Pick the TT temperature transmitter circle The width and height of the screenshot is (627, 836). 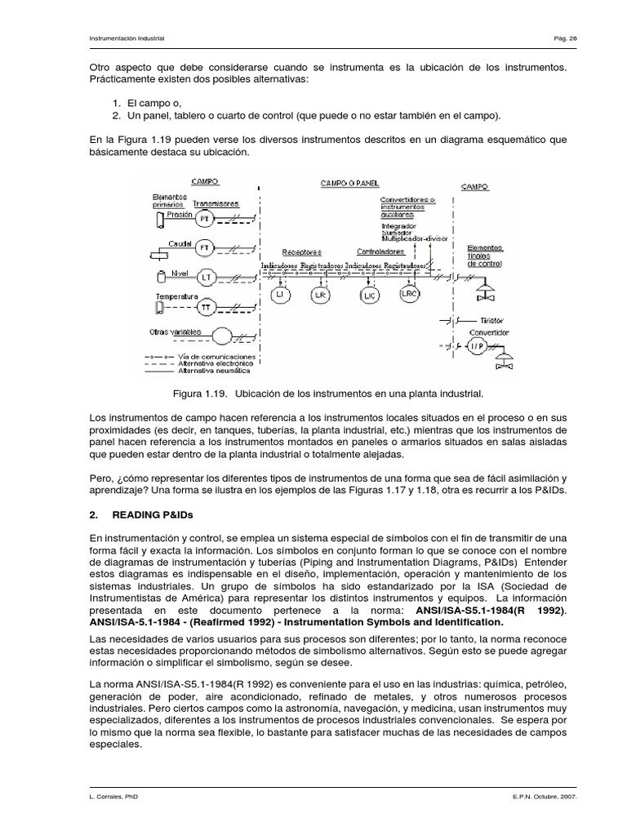click(x=207, y=308)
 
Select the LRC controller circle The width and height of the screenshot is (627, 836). click(x=410, y=292)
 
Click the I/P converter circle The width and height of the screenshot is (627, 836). click(x=476, y=345)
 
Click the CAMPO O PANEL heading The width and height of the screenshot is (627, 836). click(x=349, y=184)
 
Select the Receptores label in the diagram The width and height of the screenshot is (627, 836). click(x=301, y=252)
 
